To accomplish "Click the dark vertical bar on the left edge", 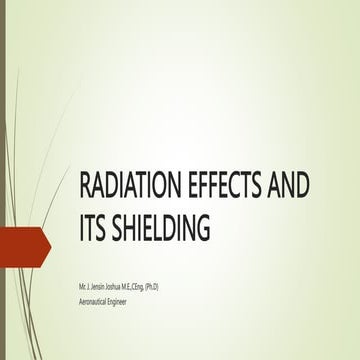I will [4, 180].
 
